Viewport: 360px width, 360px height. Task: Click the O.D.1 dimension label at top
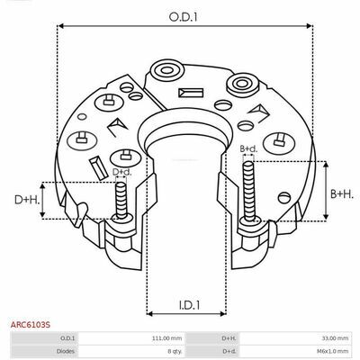(x=183, y=17)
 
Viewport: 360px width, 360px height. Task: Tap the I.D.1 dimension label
(x=189, y=305)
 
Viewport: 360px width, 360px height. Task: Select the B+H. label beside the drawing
(x=342, y=193)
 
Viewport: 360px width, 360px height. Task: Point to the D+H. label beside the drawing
(x=27, y=200)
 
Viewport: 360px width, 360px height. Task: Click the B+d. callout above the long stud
(x=248, y=148)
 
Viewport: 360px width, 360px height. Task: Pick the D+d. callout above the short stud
(x=121, y=172)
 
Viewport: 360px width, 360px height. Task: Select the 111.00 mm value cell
(x=171, y=338)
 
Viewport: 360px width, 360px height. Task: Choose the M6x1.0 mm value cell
(x=334, y=351)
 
